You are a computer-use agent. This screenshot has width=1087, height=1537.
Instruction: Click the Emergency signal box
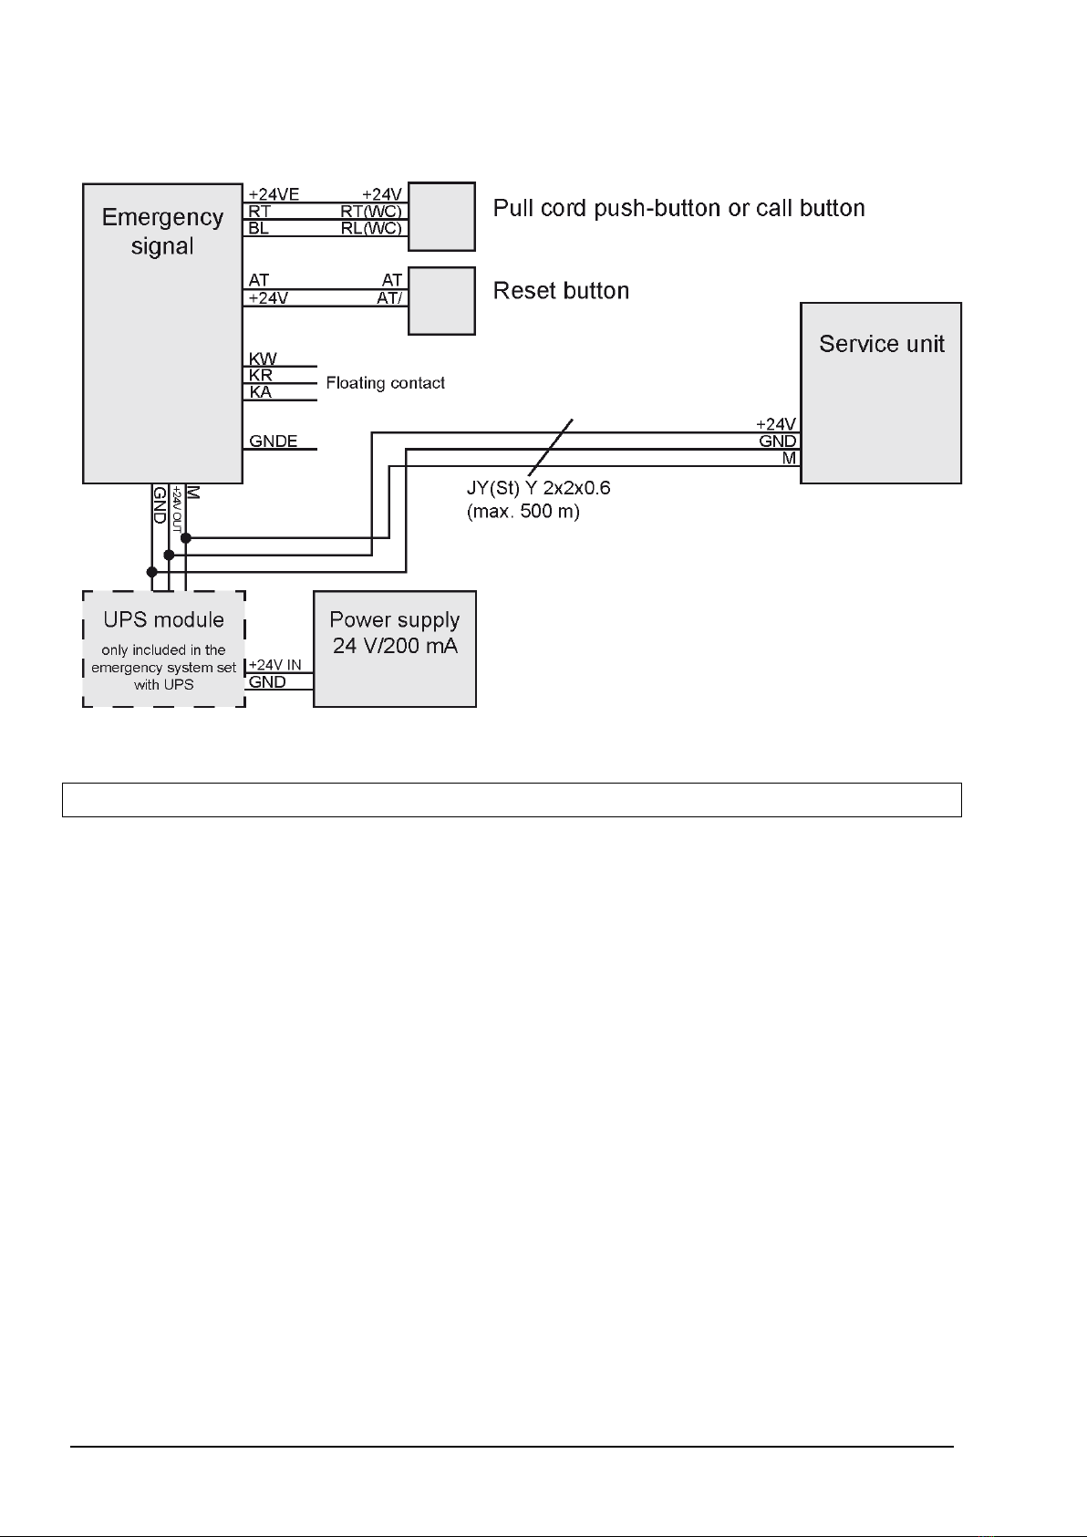point(162,334)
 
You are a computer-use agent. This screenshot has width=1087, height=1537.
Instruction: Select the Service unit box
point(881,393)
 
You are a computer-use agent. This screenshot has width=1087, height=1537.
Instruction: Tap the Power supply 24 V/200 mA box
point(394,649)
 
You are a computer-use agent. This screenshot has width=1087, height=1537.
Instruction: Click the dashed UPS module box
point(164,649)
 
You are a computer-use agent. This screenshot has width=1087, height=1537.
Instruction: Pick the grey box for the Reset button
point(441,301)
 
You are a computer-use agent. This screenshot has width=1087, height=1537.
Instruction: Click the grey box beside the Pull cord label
point(441,217)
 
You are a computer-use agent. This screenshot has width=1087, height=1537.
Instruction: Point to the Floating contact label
point(386,383)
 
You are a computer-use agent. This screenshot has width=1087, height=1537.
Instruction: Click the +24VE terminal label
point(274,195)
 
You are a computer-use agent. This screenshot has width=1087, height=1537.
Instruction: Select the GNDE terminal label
point(273,441)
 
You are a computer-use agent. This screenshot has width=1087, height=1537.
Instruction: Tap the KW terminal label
point(263,358)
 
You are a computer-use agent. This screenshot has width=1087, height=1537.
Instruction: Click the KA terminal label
point(261,392)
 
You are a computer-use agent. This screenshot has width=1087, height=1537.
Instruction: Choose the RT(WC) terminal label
point(371,212)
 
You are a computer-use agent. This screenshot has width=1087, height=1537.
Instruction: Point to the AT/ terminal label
point(389,298)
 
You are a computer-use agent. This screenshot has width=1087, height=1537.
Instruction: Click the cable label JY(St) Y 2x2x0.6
point(538,488)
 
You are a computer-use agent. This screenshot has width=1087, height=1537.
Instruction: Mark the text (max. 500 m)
point(523,511)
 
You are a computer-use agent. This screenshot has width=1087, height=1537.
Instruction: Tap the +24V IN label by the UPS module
point(274,665)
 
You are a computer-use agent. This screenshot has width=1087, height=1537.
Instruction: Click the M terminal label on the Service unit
point(790,458)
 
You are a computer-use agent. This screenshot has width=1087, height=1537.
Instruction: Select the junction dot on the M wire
point(186,539)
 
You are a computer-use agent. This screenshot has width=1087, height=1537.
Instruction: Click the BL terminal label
point(259,228)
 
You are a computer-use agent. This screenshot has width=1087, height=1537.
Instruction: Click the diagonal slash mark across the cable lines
point(550,447)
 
